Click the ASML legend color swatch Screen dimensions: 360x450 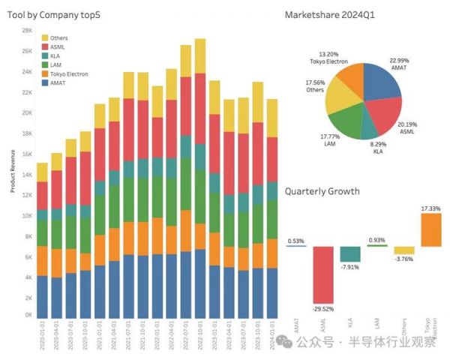point(44,46)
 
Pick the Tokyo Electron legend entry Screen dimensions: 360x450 point(69,74)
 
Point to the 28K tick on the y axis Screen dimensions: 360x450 point(26,31)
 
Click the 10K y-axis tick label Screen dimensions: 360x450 point(26,216)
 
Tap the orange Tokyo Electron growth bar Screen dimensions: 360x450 point(431,230)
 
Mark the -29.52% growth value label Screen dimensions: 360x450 point(323,309)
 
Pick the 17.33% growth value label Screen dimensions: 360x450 point(430,208)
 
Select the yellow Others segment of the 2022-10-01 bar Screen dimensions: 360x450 point(199,55)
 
